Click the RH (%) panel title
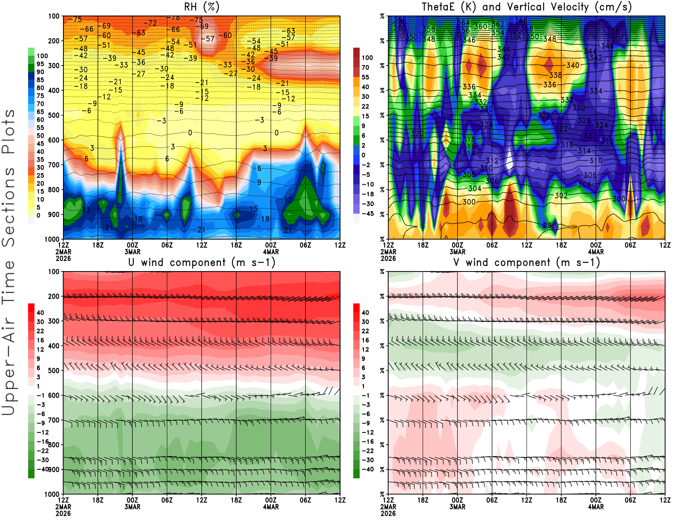point(202,7)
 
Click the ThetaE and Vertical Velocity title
point(526,7)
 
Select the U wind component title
point(202,262)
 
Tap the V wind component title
point(526,262)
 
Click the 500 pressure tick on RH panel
point(54,115)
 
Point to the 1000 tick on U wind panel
point(52,494)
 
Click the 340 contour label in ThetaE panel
point(572,65)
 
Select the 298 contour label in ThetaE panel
point(550,225)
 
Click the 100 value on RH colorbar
point(42,56)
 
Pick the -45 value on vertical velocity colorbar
point(368,214)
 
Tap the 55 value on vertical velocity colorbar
point(365,77)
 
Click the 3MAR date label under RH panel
point(132,252)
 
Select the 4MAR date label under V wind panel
point(595,507)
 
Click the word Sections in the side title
point(9,206)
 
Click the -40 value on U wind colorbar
point(43,469)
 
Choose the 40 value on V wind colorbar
point(365,312)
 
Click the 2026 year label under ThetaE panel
point(388,258)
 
